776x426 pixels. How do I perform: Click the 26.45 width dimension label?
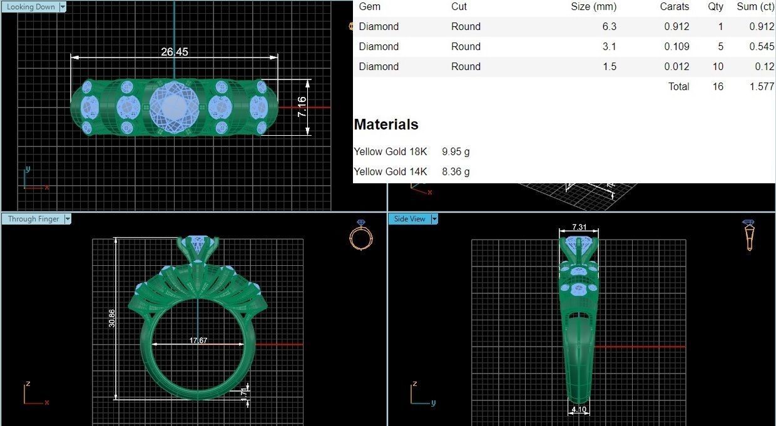[174, 52]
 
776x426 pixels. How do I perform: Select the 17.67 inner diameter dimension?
[198, 340]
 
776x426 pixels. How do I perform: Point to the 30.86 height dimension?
[112, 318]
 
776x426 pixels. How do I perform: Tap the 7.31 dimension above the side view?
[579, 227]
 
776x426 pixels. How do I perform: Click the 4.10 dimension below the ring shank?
[579, 410]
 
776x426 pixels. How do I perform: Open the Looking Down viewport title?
[31, 7]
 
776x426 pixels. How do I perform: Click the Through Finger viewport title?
[33, 219]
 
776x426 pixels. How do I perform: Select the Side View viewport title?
[409, 219]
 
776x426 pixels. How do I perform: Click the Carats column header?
[674, 7]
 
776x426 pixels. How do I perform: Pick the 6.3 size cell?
[609, 26]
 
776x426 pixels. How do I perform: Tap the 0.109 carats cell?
[676, 46]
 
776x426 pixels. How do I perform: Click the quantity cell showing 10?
[717, 66]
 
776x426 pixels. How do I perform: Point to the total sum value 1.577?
[761, 86]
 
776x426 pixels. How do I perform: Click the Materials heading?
[386, 124]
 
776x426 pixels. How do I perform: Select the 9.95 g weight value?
[456, 151]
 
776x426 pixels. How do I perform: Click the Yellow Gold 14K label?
[391, 171]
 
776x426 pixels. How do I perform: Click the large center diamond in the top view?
[174, 107]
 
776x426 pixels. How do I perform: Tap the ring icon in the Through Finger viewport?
[360, 235]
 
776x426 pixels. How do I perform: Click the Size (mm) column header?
[593, 7]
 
